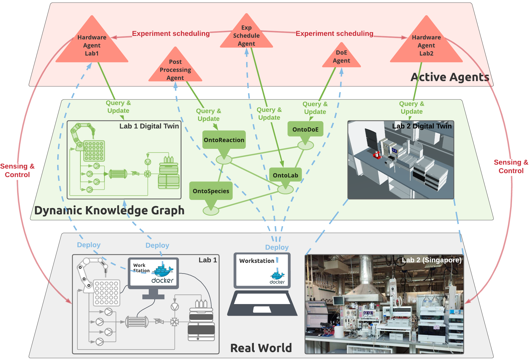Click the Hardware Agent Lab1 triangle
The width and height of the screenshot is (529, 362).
pyautogui.click(x=92, y=45)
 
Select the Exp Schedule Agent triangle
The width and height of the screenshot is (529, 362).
pyautogui.click(x=246, y=36)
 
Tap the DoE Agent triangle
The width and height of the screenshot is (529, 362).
pyautogui.click(x=341, y=57)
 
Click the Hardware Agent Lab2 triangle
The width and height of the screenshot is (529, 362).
pyautogui.click(x=426, y=45)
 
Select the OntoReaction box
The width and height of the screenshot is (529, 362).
pyautogui.click(x=224, y=140)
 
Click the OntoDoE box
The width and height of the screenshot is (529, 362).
pyautogui.click(x=305, y=129)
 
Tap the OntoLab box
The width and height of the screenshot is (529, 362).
pyautogui.click(x=286, y=175)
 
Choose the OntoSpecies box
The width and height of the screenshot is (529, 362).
pyautogui.click(x=211, y=191)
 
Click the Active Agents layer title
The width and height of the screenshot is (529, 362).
pyautogui.click(x=450, y=77)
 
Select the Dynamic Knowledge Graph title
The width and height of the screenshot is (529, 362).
pyautogui.click(x=109, y=210)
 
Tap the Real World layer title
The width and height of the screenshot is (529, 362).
pyautogui.click(x=261, y=348)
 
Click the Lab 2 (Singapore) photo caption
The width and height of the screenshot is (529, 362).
pyautogui.click(x=431, y=260)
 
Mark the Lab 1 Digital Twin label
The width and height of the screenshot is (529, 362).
pyautogui.click(x=149, y=126)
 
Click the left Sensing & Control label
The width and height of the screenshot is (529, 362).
pyautogui.click(x=17, y=170)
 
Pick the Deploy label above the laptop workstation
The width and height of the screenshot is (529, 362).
pyautogui.click(x=277, y=247)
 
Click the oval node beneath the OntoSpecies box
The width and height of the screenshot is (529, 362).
pyautogui.click(x=211, y=211)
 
